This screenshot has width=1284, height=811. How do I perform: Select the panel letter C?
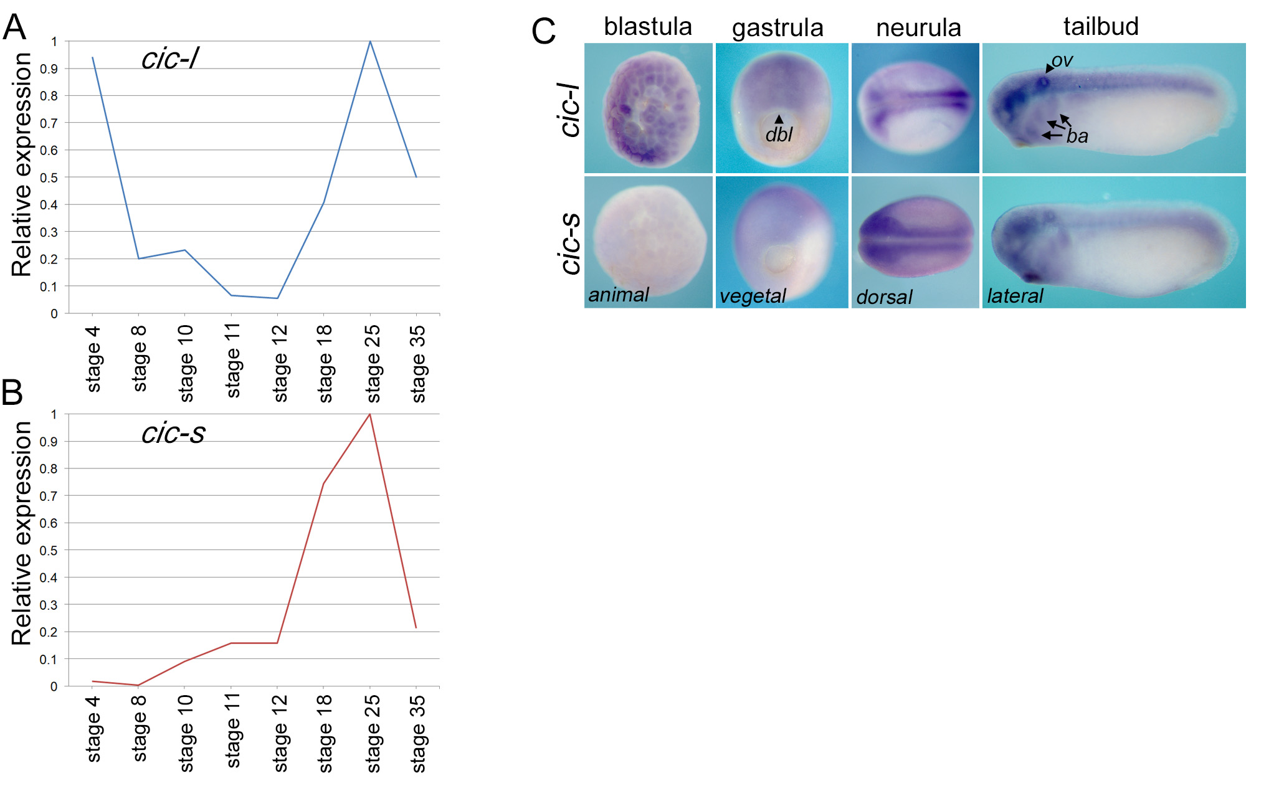(543, 31)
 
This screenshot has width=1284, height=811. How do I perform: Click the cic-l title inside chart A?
(169, 59)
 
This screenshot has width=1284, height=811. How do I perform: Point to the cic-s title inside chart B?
(173, 433)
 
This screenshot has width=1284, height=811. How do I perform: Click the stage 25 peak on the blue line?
(370, 42)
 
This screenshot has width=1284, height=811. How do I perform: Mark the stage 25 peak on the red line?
(370, 414)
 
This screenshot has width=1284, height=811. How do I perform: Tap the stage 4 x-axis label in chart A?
(93, 359)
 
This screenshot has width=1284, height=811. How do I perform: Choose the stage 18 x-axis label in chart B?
(325, 733)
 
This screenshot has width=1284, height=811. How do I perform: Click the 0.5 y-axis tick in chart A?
(54, 178)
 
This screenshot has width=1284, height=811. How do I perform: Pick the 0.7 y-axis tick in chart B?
(48, 496)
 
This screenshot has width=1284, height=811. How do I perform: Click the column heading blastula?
(648, 27)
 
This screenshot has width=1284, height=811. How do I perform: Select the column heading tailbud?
(1101, 27)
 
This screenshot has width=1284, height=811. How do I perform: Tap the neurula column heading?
(918, 28)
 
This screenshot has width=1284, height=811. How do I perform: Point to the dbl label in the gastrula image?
(779, 135)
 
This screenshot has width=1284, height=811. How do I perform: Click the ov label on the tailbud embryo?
(1062, 60)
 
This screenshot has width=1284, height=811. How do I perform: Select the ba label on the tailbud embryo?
(1077, 136)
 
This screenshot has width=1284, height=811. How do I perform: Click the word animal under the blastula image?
(619, 295)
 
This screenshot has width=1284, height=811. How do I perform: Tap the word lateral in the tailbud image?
(1015, 296)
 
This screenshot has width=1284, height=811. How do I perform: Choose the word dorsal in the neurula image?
(884, 297)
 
